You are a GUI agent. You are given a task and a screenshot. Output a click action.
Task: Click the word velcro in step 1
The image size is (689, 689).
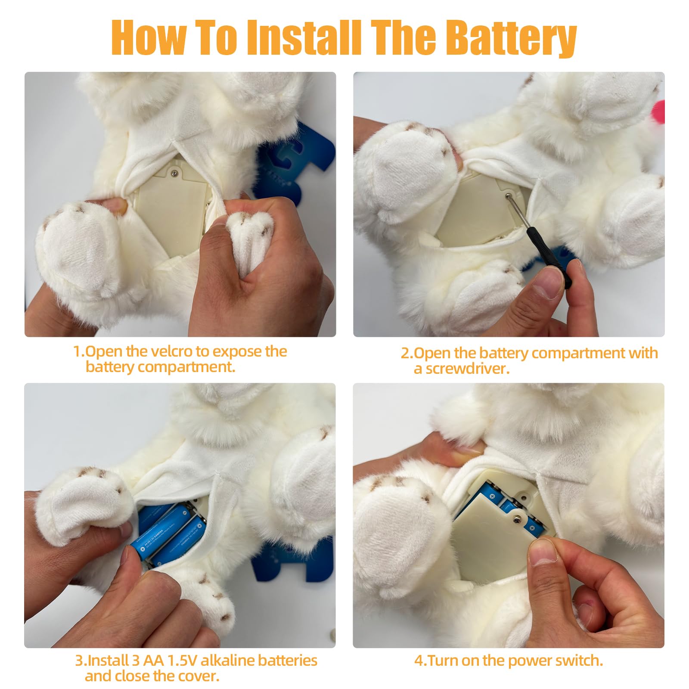pos(170,351)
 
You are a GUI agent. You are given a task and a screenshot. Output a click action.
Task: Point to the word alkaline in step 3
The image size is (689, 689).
pos(227,660)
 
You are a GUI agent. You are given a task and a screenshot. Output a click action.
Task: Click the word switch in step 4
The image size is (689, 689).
pos(579,660)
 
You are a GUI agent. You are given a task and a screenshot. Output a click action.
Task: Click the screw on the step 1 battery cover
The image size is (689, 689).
pos(174,173)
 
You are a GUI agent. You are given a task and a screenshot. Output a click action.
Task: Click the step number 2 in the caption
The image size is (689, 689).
pos(407,353)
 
